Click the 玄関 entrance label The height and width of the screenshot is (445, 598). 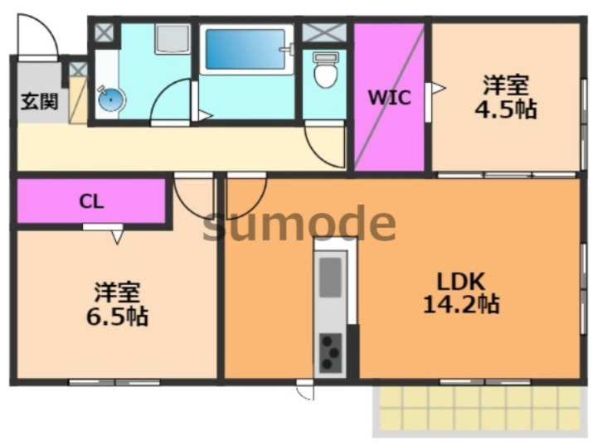click(x=39, y=103)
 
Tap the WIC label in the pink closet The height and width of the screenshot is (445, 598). click(x=389, y=98)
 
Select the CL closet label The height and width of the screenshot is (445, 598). click(x=91, y=201)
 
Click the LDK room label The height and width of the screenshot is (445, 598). click(x=460, y=279)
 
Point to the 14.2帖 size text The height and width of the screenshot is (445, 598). click(x=460, y=304)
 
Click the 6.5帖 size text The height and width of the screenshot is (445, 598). click(x=116, y=316)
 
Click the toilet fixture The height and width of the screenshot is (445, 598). click(x=325, y=73)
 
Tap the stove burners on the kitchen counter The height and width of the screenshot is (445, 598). click(x=331, y=352)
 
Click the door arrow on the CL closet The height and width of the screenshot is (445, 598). click(x=115, y=235)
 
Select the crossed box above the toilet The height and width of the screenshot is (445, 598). click(x=324, y=33)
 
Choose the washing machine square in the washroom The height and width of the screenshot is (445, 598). click(x=173, y=38)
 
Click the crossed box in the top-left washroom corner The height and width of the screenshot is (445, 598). click(x=105, y=33)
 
